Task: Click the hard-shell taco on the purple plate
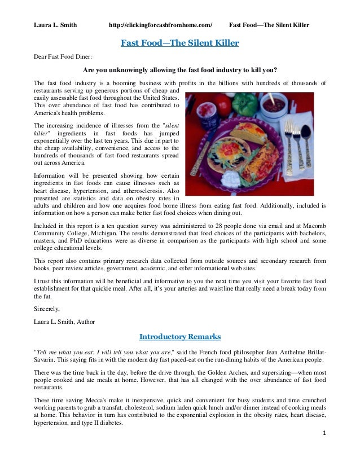248,133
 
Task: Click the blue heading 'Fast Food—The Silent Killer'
179,43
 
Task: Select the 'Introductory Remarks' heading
179,337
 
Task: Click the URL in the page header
160,26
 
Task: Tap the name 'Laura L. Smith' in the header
55,26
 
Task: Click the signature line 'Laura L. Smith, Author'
64,322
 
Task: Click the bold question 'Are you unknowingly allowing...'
179,71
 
